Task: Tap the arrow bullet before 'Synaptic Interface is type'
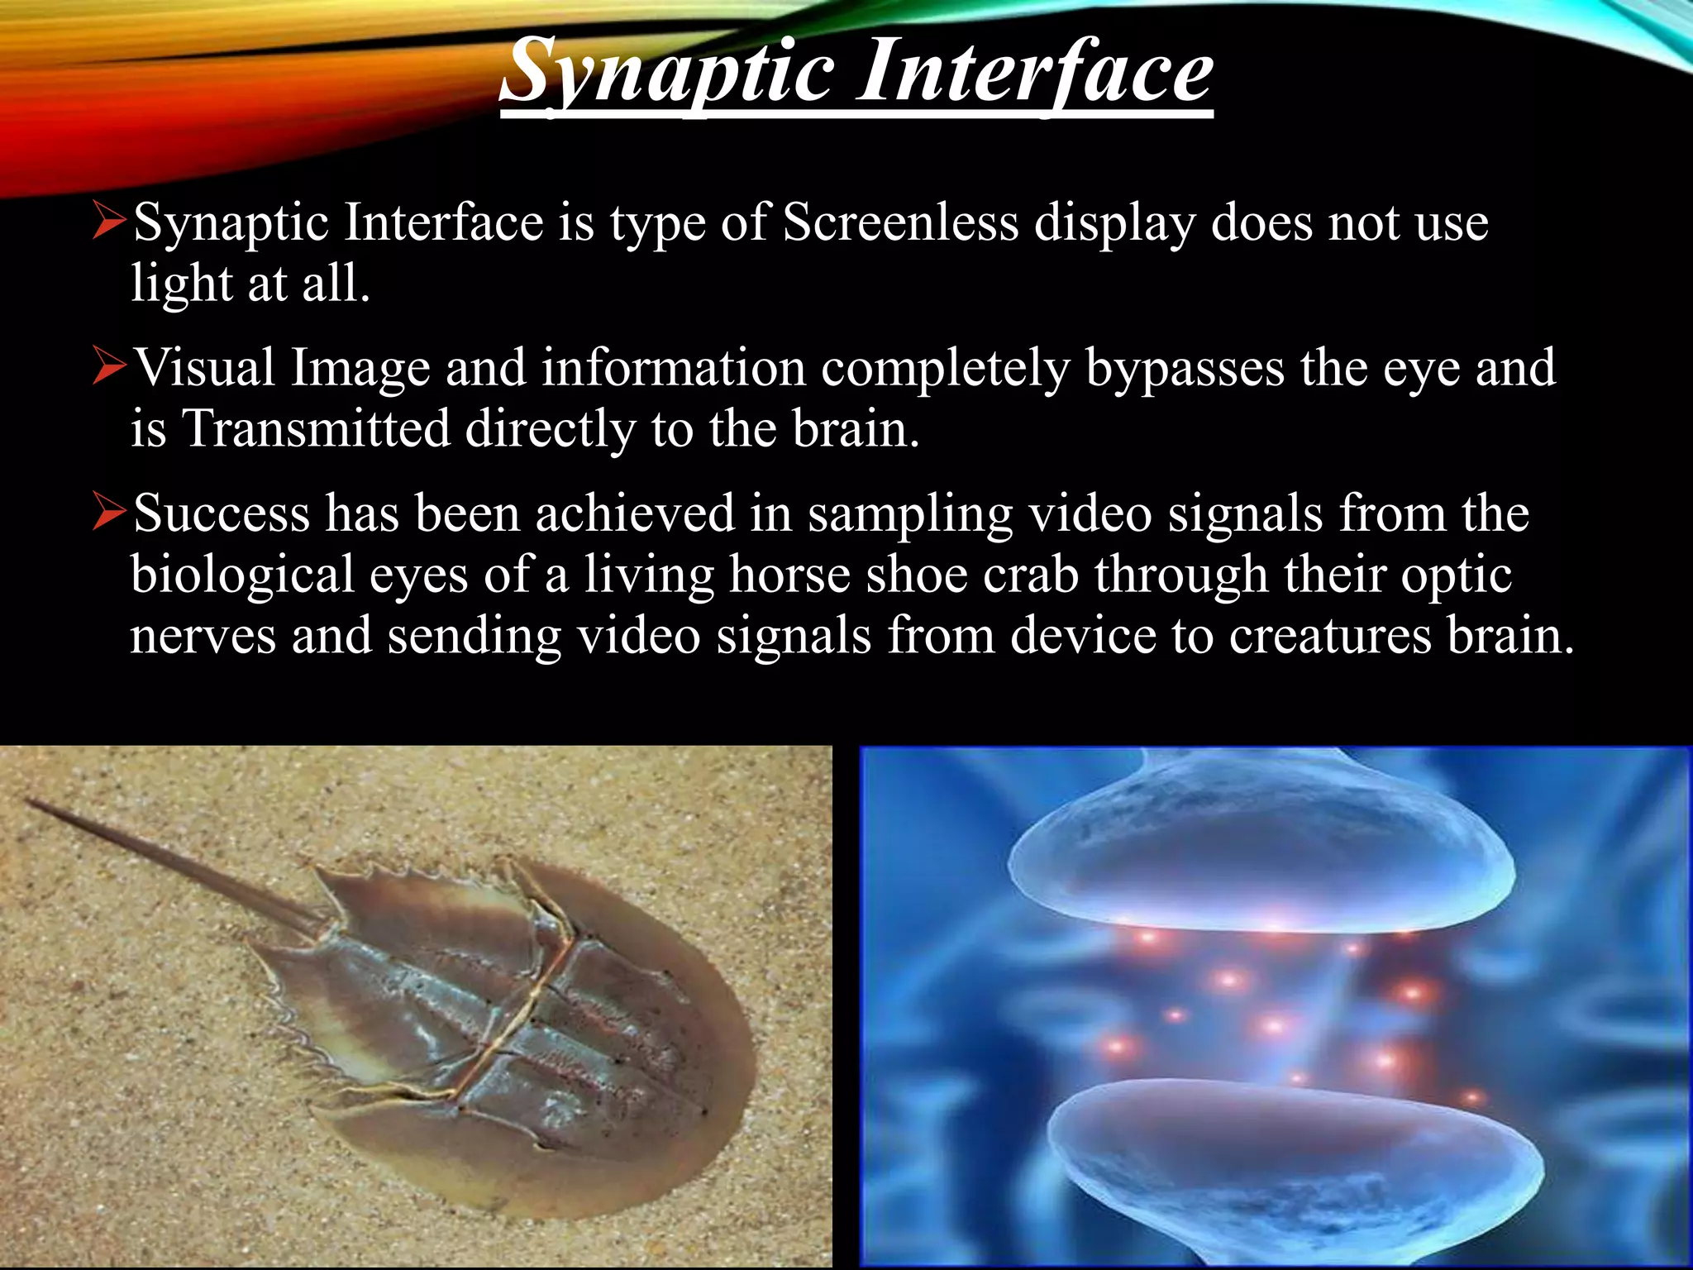(108, 222)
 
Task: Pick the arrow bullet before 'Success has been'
(108, 513)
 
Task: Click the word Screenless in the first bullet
(900, 223)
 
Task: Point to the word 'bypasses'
(1185, 369)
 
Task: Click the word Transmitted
(316, 429)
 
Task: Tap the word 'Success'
(222, 513)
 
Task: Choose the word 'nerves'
(203, 637)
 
